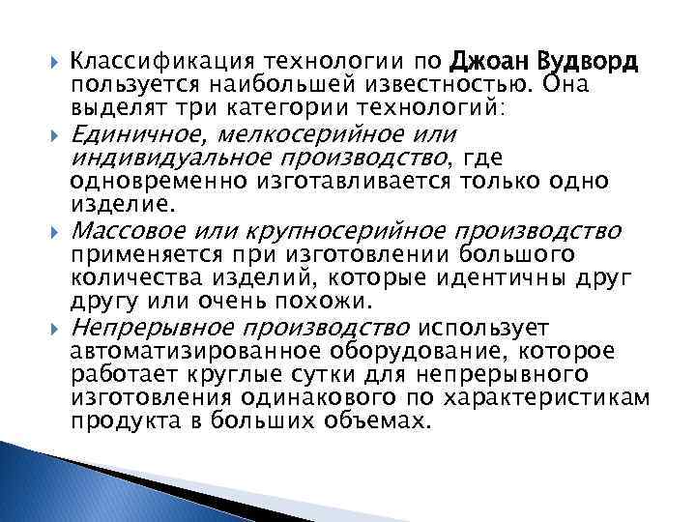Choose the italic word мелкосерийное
(311, 134)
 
